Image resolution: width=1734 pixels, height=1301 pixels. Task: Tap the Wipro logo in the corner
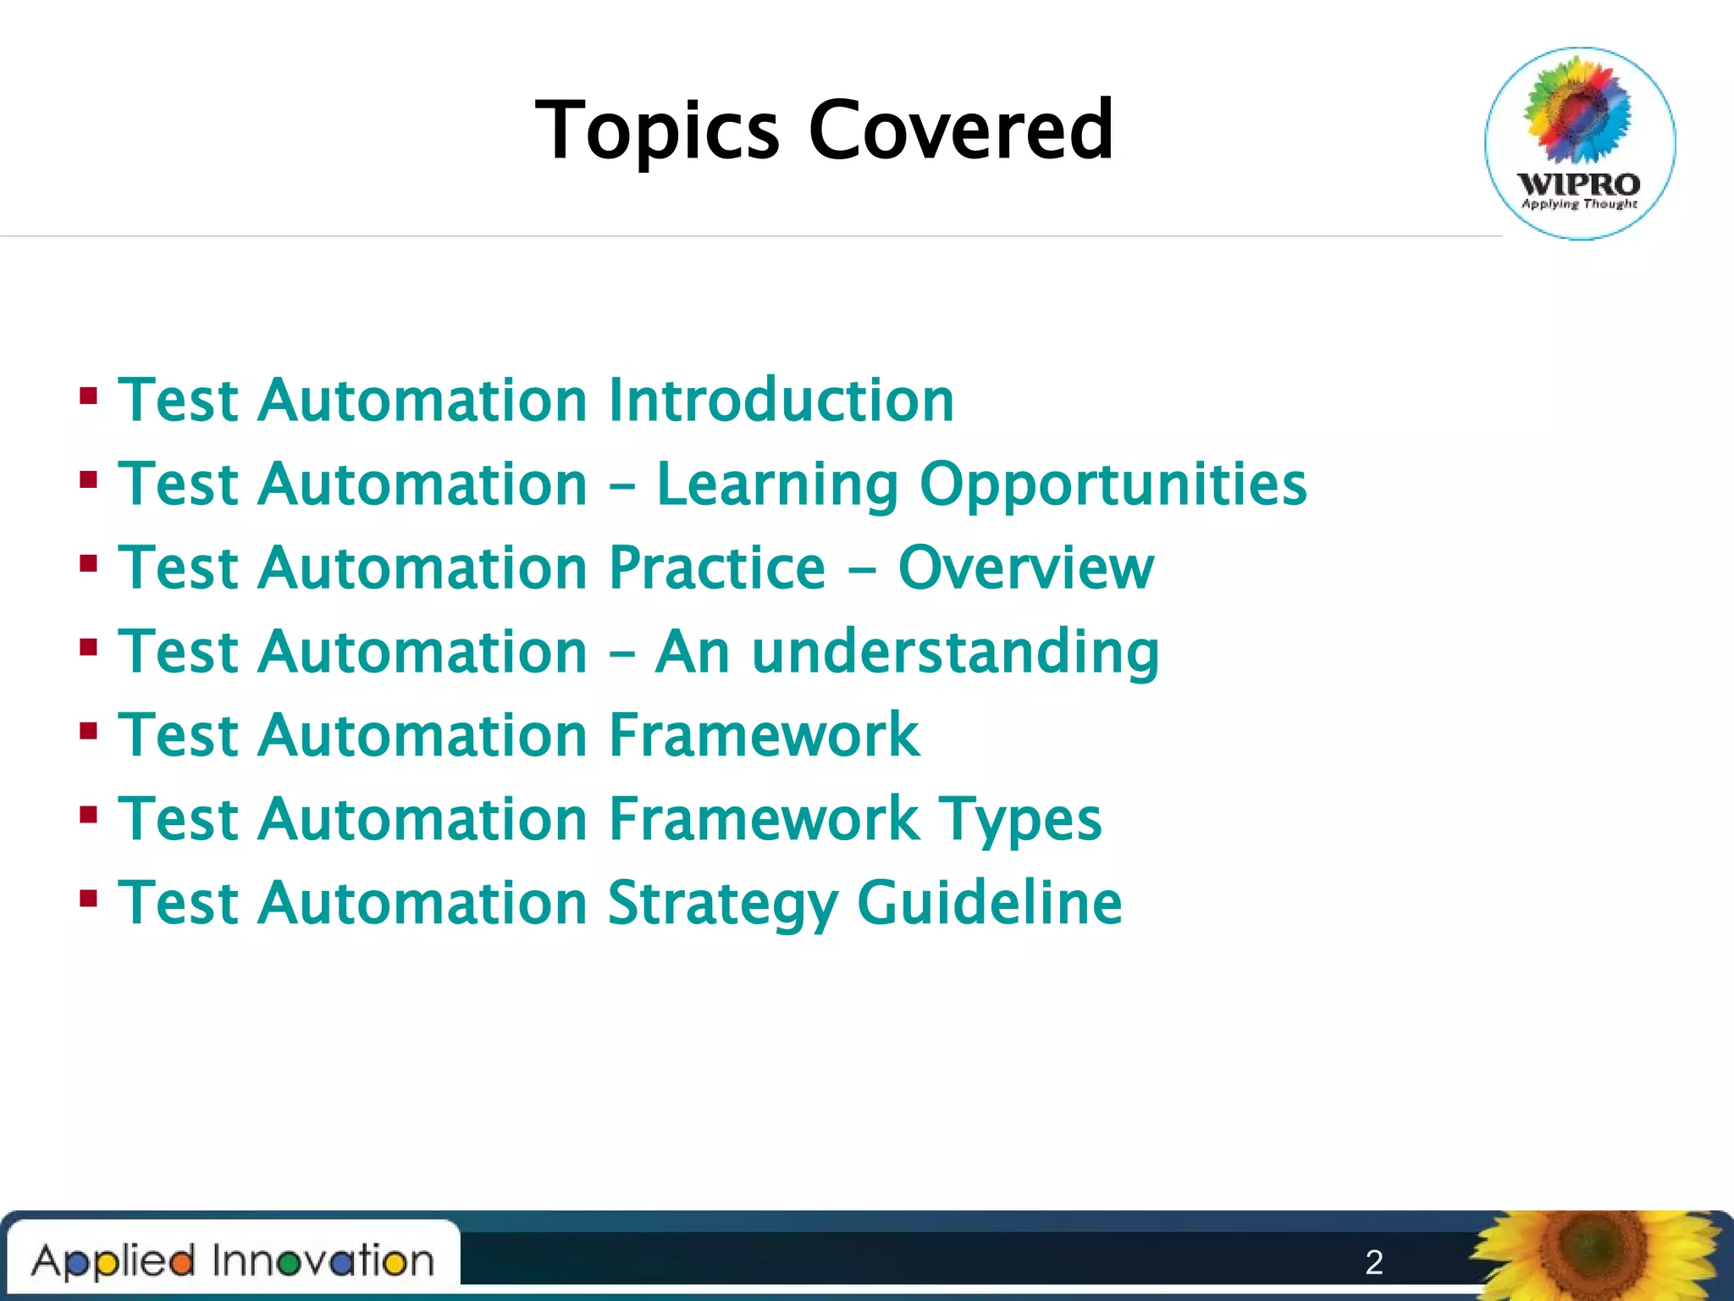point(1580,143)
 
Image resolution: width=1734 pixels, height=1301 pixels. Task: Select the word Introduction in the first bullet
point(781,400)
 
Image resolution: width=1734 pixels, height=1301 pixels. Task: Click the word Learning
point(776,484)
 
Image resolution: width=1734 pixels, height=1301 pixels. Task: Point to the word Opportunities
point(1113,484)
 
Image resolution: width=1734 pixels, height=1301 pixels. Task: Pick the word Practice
point(716,567)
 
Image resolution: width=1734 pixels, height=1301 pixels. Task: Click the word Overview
point(1025,567)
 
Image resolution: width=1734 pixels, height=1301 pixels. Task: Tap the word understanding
point(955,652)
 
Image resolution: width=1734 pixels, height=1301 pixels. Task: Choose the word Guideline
point(989,903)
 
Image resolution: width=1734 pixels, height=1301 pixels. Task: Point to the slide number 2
point(1374,1262)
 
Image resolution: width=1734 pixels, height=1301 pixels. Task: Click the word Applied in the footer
point(113,1261)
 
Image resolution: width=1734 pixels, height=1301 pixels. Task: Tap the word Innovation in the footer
point(323,1260)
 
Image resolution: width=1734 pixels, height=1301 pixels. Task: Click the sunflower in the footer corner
point(1596,1256)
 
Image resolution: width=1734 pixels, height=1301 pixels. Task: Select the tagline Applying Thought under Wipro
point(1579,204)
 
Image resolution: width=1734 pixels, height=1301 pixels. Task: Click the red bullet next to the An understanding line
point(88,648)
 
